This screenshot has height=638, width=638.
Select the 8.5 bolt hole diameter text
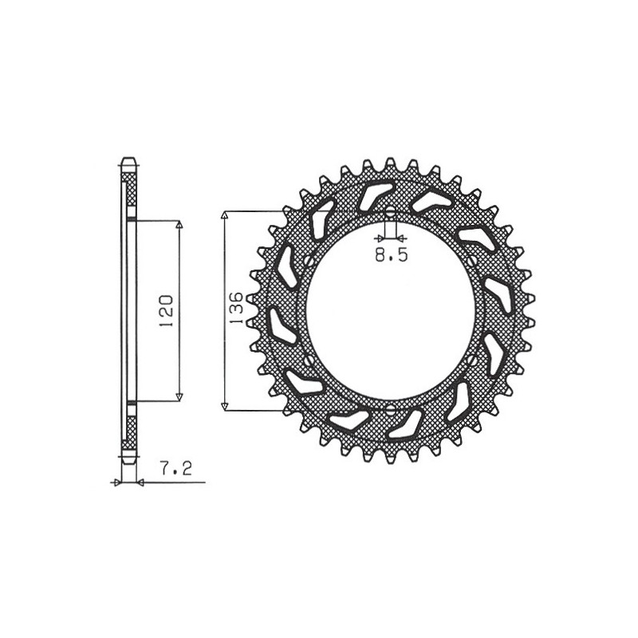click(x=391, y=256)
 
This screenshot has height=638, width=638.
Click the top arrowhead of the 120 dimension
click(x=179, y=225)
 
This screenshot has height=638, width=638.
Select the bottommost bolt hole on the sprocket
click(x=390, y=409)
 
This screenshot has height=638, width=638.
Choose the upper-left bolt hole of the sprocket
click(x=308, y=261)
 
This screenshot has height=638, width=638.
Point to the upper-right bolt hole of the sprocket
click(x=473, y=261)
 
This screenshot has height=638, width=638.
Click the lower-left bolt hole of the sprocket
click(x=308, y=361)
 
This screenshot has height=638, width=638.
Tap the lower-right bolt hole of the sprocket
click(x=473, y=361)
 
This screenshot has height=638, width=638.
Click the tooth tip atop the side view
click(x=128, y=159)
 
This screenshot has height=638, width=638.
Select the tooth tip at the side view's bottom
click(x=128, y=461)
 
